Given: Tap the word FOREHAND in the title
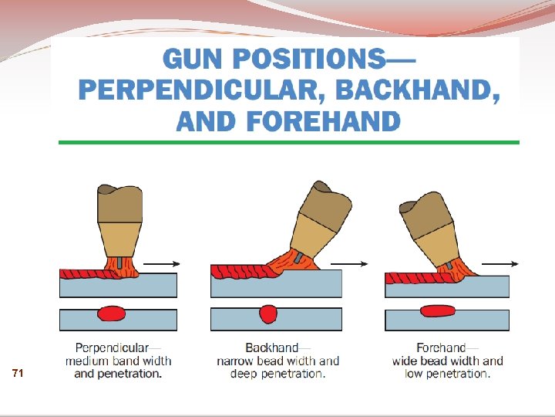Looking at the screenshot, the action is [x=321, y=120].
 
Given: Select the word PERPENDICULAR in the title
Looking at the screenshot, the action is [x=200, y=91].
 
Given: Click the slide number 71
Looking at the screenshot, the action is [x=18, y=374].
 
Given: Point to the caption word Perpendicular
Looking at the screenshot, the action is [x=112, y=347].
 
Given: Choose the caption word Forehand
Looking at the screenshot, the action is [x=441, y=347].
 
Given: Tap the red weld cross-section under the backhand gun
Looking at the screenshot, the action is [x=268, y=314].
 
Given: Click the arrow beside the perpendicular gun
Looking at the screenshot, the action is [x=163, y=264].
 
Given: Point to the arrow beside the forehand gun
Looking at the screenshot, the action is [x=501, y=263].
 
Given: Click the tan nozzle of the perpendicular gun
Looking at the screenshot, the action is [x=119, y=235].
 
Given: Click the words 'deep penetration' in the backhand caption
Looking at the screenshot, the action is [x=277, y=375].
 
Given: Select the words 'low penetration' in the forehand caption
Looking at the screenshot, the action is [x=447, y=375].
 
